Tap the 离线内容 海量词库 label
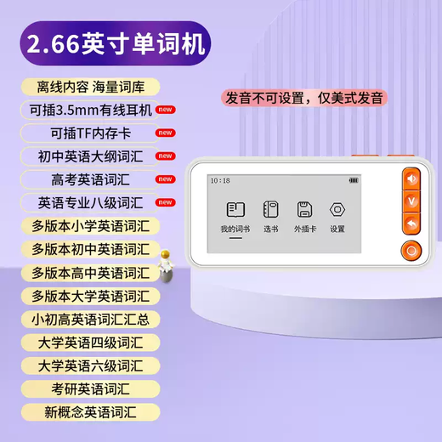[88, 88]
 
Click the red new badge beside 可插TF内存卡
[166, 133]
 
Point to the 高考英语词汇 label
[88, 179]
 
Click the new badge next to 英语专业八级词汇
[166, 202]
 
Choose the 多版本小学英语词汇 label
[89, 226]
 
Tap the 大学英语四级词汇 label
[89, 343]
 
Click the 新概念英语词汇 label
[89, 412]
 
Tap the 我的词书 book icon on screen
[235, 210]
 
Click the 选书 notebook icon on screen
[271, 210]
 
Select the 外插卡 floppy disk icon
[304, 210]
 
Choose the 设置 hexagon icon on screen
[337, 210]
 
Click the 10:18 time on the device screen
[219, 181]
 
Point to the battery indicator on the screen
[353, 181]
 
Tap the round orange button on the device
[411, 251]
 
